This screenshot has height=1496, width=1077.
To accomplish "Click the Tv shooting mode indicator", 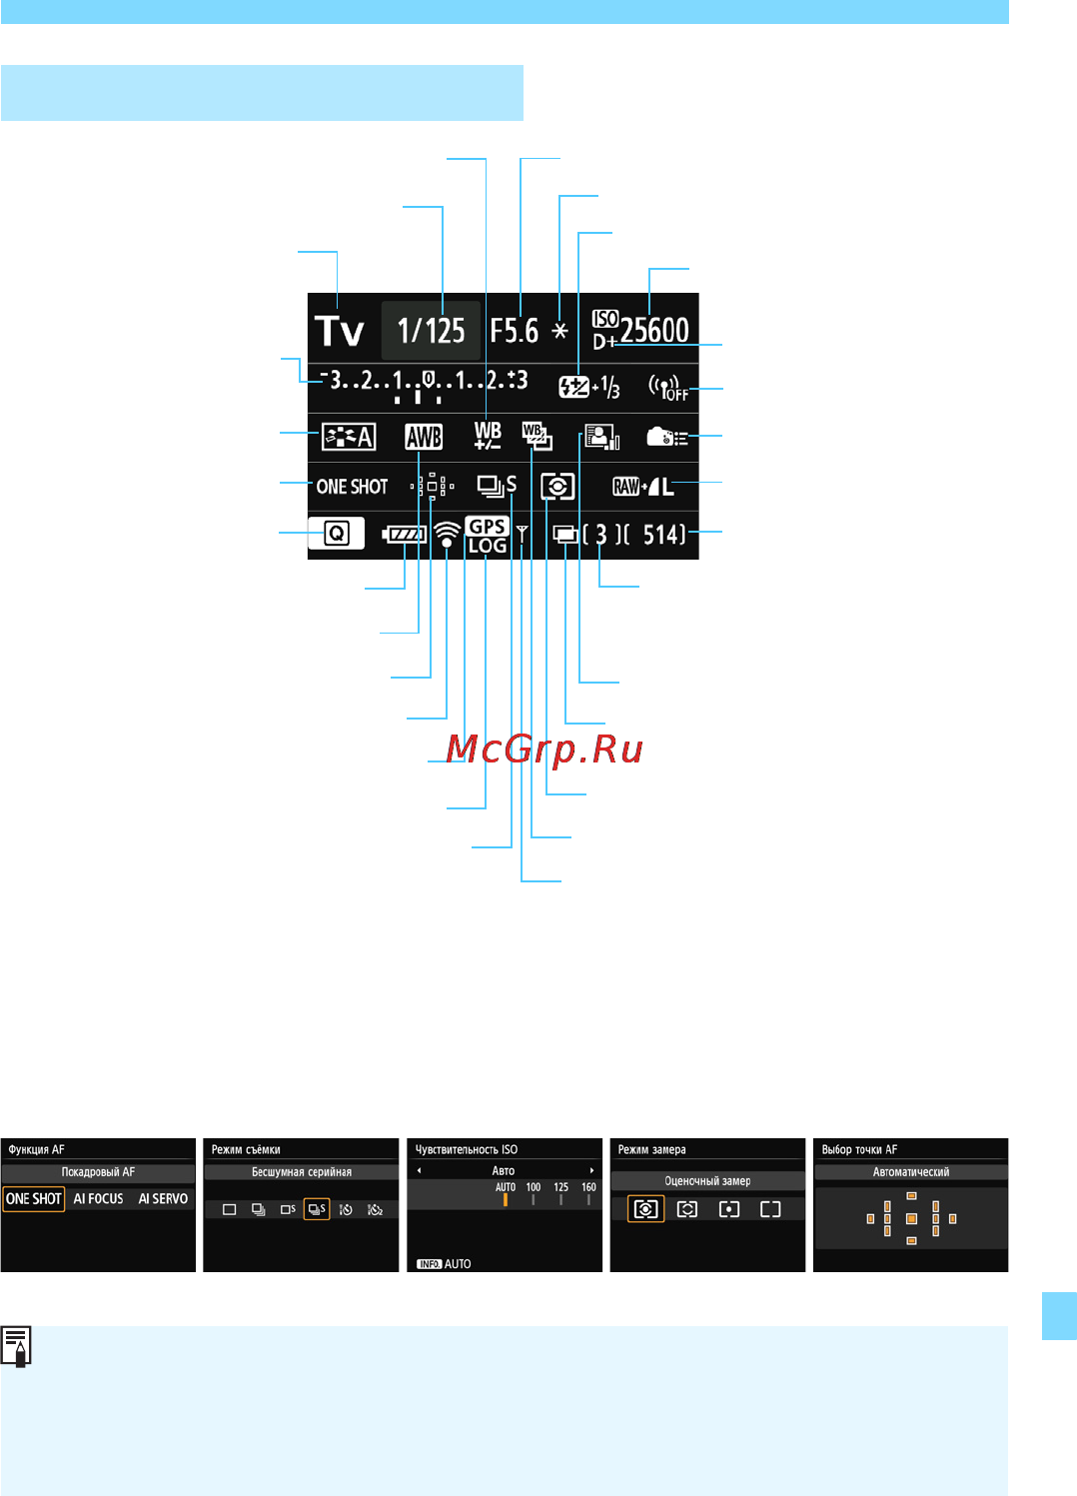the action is pyautogui.click(x=340, y=331).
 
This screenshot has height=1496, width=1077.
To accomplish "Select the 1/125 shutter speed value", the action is pyautogui.click(x=431, y=331).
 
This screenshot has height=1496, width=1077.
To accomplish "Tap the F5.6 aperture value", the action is pyautogui.click(x=515, y=331).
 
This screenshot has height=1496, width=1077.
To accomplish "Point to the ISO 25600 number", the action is pyautogui.click(x=654, y=330).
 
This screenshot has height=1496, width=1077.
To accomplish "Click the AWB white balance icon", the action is pyautogui.click(x=424, y=438).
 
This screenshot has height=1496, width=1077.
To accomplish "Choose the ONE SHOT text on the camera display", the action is pyautogui.click(x=352, y=487).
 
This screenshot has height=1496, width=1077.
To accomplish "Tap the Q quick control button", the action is pyautogui.click(x=337, y=533).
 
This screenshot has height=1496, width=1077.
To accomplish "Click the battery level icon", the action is pyautogui.click(x=404, y=535).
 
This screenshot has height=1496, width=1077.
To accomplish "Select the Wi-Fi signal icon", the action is pyautogui.click(x=447, y=535).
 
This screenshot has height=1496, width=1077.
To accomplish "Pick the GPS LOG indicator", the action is pyautogui.click(x=487, y=536).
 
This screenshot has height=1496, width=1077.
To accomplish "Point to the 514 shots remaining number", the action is pyautogui.click(x=663, y=535).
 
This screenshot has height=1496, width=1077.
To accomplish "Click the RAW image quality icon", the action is pyautogui.click(x=626, y=487).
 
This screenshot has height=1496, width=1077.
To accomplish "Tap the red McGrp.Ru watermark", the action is pyautogui.click(x=544, y=748).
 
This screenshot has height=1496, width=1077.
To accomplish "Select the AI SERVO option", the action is pyautogui.click(x=163, y=1199).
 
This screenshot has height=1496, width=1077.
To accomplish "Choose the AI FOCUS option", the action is pyautogui.click(x=98, y=1199).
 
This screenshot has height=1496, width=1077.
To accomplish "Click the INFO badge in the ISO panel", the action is pyautogui.click(x=430, y=1264).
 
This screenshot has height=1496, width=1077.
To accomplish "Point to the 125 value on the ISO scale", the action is pyautogui.click(x=560, y=1187).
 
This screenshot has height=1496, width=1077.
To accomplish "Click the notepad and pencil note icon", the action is pyautogui.click(x=16, y=1346).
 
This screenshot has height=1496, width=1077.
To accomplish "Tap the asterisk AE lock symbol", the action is pyautogui.click(x=560, y=330).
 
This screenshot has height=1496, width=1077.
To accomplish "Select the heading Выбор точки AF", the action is pyautogui.click(x=859, y=1149).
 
